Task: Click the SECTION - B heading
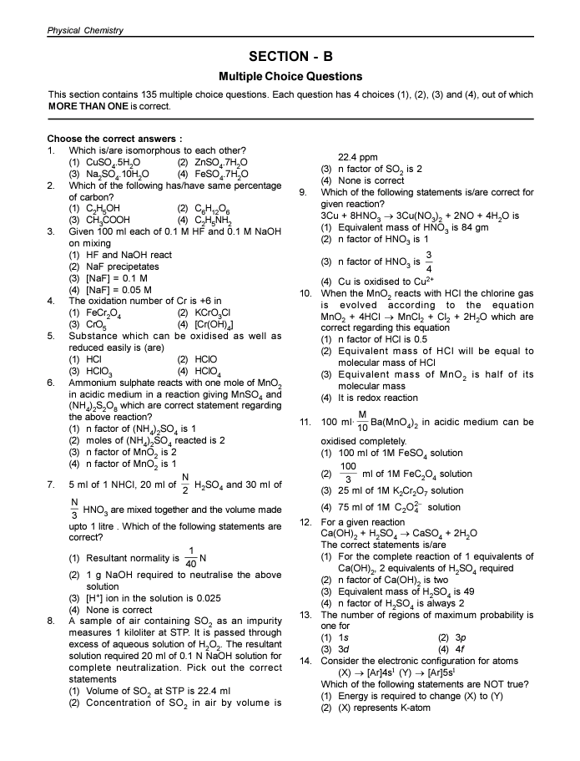click(290, 57)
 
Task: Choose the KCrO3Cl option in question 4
click(212, 312)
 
